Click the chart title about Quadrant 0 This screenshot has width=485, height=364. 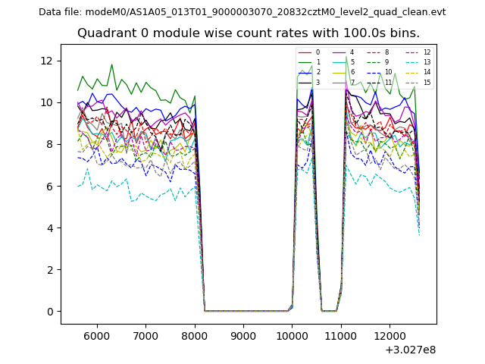248,33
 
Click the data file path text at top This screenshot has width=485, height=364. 242,11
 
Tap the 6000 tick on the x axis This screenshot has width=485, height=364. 96,335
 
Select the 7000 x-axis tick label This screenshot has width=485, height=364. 145,335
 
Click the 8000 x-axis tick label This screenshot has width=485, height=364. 195,335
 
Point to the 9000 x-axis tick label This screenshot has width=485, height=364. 243,335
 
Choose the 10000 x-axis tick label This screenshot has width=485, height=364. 293,335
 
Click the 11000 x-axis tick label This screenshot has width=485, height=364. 341,335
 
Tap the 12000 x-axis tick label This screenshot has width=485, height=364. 390,335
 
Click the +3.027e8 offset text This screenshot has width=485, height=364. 410,350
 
